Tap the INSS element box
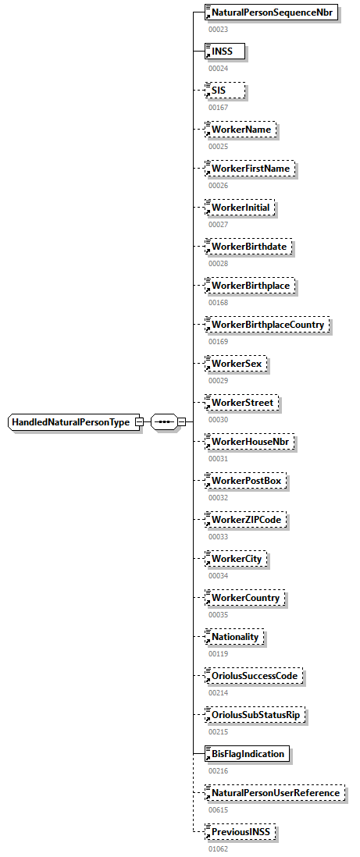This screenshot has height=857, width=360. click(x=225, y=52)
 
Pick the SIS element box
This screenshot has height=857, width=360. click(x=225, y=91)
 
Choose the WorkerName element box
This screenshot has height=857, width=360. click(x=241, y=130)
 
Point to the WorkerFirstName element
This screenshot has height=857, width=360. click(x=249, y=169)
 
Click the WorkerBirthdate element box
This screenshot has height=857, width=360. click(x=248, y=247)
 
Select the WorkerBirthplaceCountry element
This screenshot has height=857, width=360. click(x=267, y=325)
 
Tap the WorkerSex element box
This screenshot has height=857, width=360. click(x=235, y=364)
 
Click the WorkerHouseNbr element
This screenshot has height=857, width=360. click(x=244, y=442)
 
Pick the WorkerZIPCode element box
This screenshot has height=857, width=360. click(x=245, y=520)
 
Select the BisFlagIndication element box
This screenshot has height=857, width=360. click(x=247, y=754)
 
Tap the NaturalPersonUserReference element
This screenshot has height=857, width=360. click(x=274, y=793)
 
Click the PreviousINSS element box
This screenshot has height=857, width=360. click(x=241, y=832)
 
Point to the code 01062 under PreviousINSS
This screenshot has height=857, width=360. click(x=218, y=848)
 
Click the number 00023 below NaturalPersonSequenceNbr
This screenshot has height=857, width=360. click(x=218, y=29)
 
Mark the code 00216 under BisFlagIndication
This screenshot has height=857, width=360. click(x=218, y=770)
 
